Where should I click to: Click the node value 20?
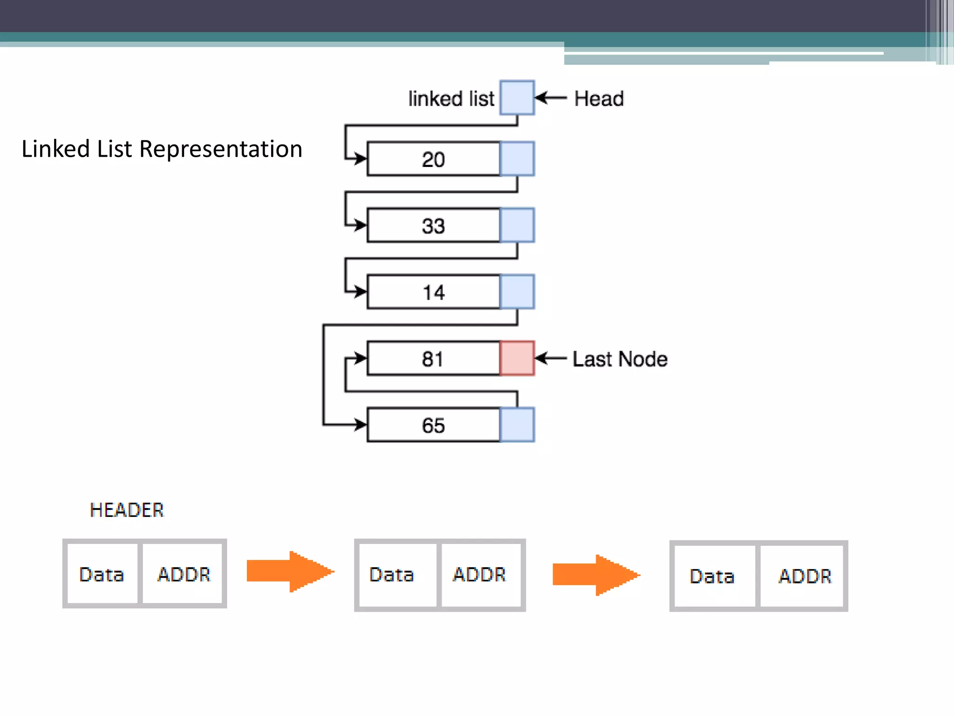[x=433, y=159]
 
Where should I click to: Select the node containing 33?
[x=433, y=226]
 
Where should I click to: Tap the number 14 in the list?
[x=433, y=293]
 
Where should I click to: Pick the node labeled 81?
[x=433, y=359]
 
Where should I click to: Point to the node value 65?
[x=433, y=426]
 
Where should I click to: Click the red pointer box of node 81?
[x=517, y=358]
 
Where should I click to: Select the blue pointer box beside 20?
[x=517, y=159]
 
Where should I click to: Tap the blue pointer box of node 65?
[x=517, y=425]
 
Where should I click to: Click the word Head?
[x=599, y=99]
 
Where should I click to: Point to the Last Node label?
[x=620, y=359]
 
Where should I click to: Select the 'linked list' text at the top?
[x=451, y=99]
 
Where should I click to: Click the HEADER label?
[x=127, y=510]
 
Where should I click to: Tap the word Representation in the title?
[x=221, y=149]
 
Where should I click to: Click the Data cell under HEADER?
[x=102, y=574]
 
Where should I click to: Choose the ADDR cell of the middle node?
[x=480, y=575]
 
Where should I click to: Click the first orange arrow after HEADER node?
[x=290, y=571]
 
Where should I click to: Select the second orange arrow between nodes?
[x=596, y=575]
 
